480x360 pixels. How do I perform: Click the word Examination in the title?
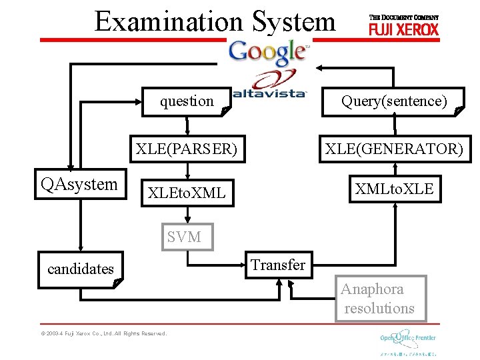169,21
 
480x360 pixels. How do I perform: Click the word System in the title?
293,21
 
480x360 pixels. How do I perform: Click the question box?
187,101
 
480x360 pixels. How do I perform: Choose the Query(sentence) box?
394,101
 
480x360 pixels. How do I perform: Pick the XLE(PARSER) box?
187,149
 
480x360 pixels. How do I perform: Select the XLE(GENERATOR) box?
394,149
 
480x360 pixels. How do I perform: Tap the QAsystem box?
79,185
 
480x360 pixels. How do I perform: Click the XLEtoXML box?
187,193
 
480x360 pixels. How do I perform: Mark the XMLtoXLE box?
394,189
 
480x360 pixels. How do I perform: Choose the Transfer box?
278,265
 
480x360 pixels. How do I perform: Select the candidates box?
80,269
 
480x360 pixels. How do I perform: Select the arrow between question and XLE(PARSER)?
187,125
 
